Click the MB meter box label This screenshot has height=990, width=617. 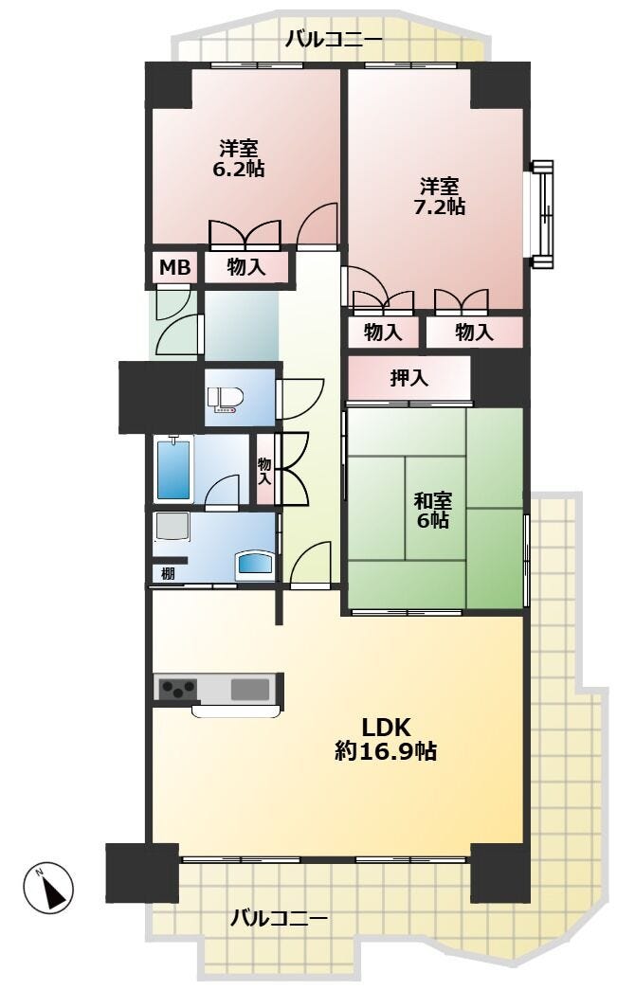click(x=174, y=268)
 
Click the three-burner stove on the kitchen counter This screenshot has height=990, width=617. click(x=178, y=688)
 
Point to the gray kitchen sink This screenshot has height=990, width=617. click(x=250, y=688)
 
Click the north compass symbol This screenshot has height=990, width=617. click(x=48, y=887)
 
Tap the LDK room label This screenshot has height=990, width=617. click(x=386, y=728)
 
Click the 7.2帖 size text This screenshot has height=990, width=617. click(x=440, y=207)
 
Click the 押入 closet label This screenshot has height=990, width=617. click(x=409, y=378)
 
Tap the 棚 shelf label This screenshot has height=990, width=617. click(x=168, y=574)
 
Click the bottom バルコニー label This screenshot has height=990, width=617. click(x=279, y=917)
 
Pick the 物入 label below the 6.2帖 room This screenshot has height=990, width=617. click(x=246, y=268)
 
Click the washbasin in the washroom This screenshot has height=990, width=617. click(x=255, y=564)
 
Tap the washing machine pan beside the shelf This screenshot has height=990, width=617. click(x=172, y=528)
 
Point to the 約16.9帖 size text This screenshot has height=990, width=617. click(x=386, y=750)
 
